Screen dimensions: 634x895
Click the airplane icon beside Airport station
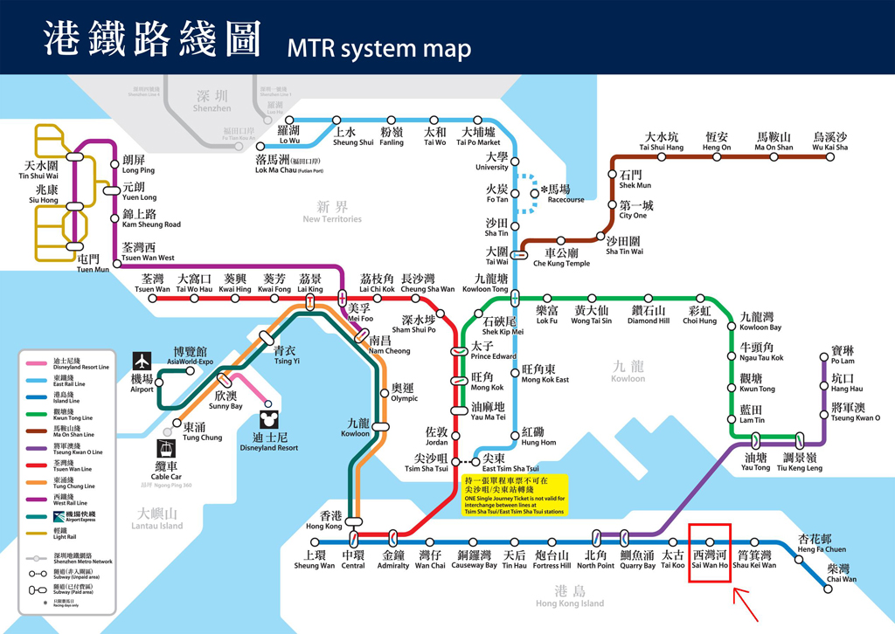[x=142, y=361]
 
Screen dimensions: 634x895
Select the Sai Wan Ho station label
[x=709, y=559]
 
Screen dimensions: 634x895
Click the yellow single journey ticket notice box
[x=515, y=494]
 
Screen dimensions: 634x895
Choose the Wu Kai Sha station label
[x=829, y=141]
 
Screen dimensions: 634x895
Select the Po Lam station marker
[x=823, y=356]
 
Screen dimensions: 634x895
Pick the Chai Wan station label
[x=842, y=573]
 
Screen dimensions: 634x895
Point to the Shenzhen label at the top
[x=212, y=101]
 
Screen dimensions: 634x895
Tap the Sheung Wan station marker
[x=314, y=541]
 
